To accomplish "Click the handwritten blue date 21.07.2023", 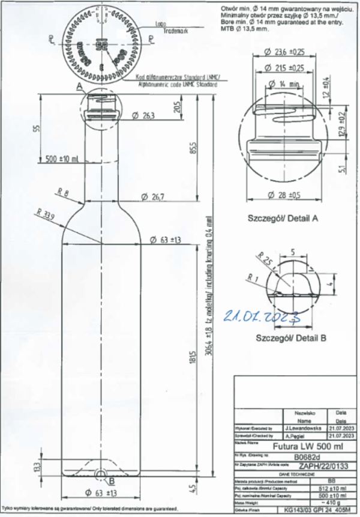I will [262, 317].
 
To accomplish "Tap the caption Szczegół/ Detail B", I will [287, 338].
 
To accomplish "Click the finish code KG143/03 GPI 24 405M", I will [312, 508].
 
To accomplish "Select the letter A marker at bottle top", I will [79, 86].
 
